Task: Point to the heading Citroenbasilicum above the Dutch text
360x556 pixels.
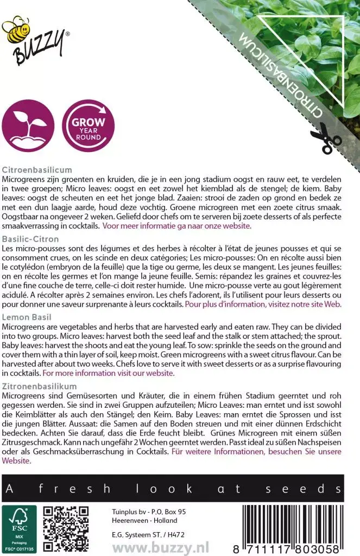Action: pyautogui.click(x=37, y=169)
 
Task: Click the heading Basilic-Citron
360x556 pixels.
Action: pyautogui.click(x=30, y=238)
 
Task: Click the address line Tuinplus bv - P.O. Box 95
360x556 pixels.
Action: pyautogui.click(x=141, y=511)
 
